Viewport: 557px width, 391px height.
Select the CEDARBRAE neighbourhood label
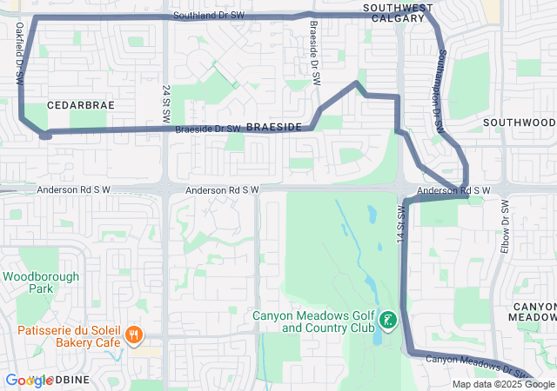coord(81,104)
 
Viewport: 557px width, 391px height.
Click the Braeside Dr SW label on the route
coord(207,129)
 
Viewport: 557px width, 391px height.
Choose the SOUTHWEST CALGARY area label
coord(398,14)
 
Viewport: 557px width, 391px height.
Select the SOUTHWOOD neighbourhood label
coord(519,123)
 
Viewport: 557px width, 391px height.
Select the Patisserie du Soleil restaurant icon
coord(133,335)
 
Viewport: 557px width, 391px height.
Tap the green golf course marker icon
coord(386,321)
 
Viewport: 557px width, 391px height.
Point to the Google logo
coord(29,381)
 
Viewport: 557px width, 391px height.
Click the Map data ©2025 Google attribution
coord(503,384)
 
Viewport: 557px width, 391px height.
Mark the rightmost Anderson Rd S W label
coord(453,190)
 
